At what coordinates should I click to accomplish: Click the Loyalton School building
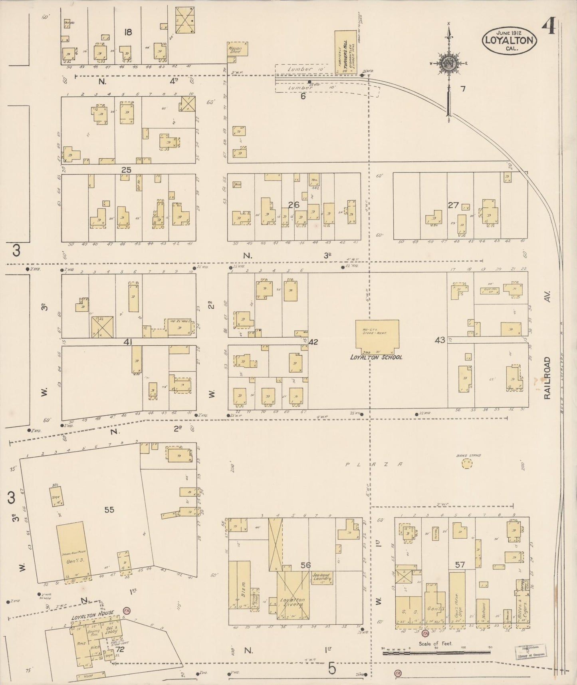click(377, 336)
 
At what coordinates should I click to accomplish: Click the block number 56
click(305, 565)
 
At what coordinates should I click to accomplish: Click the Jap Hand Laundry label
click(321, 577)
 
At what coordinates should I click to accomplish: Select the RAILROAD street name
click(548, 378)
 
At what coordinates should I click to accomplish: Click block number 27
click(453, 205)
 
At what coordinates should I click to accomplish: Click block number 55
click(109, 510)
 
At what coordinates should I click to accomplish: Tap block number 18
click(128, 32)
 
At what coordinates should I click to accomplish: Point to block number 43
click(440, 340)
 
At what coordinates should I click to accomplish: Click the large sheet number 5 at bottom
click(332, 668)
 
